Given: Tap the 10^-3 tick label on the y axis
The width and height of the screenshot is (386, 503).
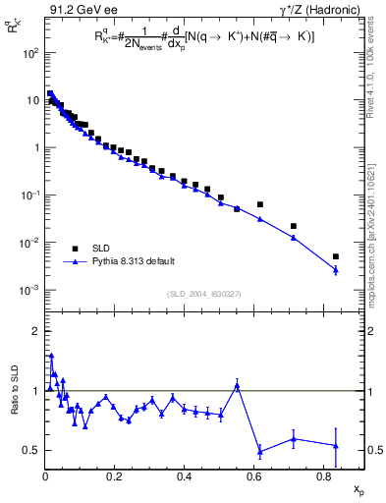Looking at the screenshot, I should tap(29, 290).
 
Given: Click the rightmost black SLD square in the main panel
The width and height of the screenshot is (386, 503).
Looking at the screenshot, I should tap(336, 256).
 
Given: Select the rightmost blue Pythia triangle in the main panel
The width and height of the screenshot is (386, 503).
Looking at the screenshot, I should tap(336, 269).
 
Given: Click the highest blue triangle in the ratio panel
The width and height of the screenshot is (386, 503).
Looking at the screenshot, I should tap(51, 356).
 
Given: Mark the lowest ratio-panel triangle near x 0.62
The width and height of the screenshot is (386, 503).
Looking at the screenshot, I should tap(259, 452).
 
